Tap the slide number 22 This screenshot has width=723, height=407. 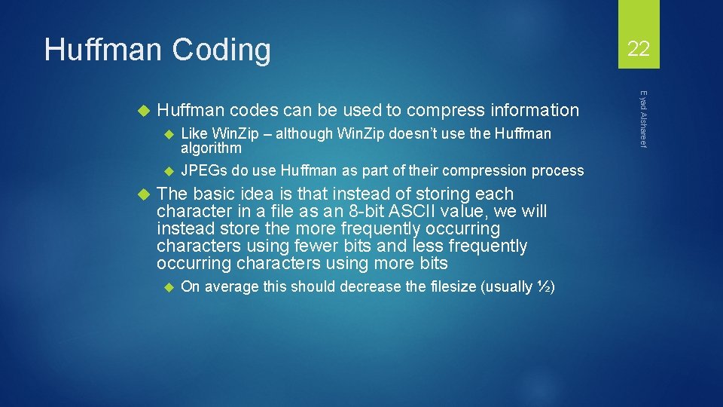click(x=639, y=50)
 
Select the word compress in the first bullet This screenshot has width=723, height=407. click(x=438, y=111)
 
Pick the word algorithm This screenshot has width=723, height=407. click(x=211, y=148)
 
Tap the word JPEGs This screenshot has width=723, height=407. click(x=205, y=171)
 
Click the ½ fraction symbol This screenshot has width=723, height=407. click(x=545, y=287)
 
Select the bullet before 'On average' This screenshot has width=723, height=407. click(x=169, y=287)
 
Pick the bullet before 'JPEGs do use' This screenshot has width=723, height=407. click(x=169, y=171)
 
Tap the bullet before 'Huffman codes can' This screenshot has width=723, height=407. click(x=145, y=111)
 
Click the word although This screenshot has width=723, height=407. click(x=307, y=134)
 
